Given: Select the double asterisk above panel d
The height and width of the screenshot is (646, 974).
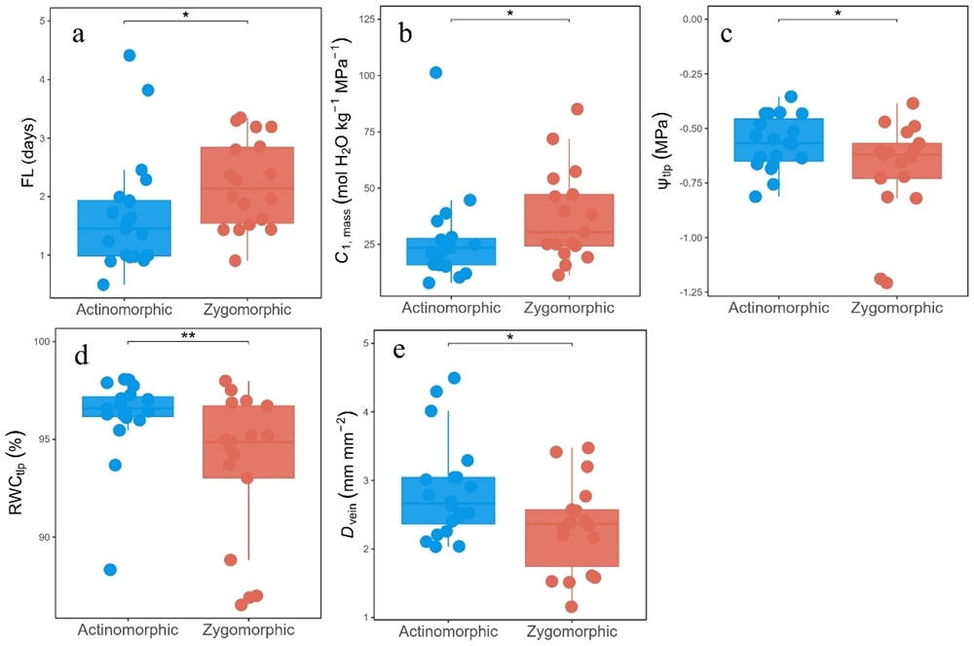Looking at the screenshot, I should tap(188, 333).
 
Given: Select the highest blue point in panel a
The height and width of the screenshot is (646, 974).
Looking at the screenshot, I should tap(130, 56).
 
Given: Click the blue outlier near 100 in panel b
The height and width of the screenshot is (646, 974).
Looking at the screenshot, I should tap(436, 73).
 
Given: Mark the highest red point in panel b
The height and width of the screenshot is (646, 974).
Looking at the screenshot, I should tap(577, 109).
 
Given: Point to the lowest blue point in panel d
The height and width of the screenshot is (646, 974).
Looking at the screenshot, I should tap(110, 569).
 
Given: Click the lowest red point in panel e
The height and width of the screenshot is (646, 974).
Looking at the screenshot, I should tap(571, 606).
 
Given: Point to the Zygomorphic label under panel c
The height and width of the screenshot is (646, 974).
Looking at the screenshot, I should tap(897, 308).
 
